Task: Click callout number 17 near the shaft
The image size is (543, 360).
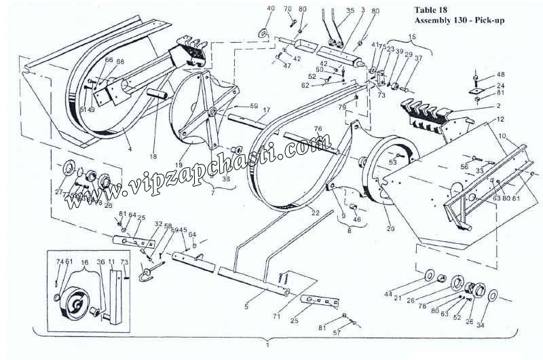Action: click(x=266, y=110)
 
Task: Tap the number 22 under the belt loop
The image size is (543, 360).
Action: click(x=315, y=213)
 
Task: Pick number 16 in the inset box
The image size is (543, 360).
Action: click(x=85, y=261)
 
